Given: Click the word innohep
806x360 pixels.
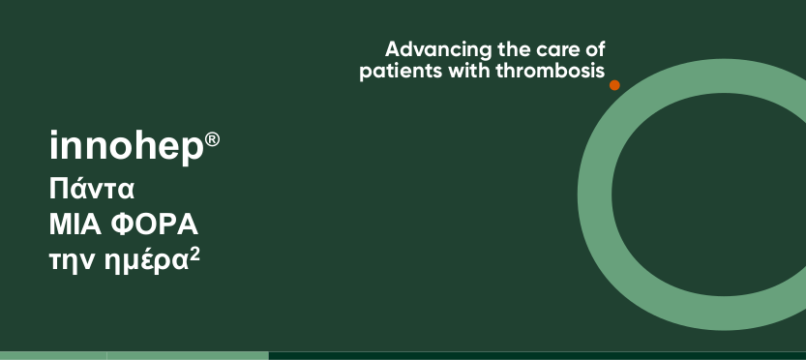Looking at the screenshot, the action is pos(127,146).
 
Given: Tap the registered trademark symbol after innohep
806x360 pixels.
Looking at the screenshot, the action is pos(212,139).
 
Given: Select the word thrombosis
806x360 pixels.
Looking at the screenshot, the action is pos(551,71).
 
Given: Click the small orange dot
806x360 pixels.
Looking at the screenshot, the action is pos(614,85).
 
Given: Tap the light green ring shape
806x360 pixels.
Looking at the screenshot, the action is pos(595,195).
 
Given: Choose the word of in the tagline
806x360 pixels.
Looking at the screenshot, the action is pos(594,50).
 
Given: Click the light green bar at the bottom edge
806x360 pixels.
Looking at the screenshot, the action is pos(134,356).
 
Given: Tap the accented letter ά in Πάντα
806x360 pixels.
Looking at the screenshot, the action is pos(77,189).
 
